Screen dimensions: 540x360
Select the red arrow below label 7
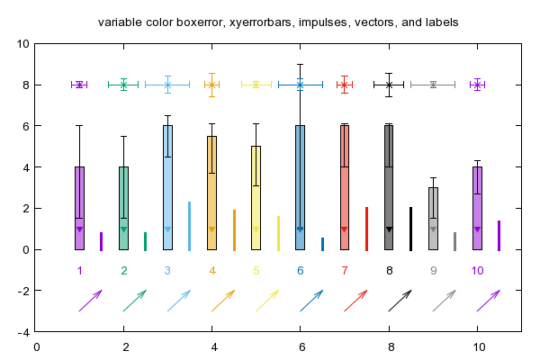pyautogui.click(x=355, y=301)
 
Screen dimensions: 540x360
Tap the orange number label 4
pyautogui.click(x=212, y=271)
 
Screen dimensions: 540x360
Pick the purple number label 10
pyautogui.click(x=477, y=271)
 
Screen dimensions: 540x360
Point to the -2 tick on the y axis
pyautogui.click(x=23, y=291)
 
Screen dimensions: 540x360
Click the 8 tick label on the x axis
pyautogui.click(x=391, y=346)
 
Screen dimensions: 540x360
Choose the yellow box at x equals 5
pyautogui.click(x=256, y=198)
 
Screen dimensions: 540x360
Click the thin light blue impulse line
pyautogui.click(x=189, y=226)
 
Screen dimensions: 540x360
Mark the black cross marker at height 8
pyautogui.click(x=389, y=85)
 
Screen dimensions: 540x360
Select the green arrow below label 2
pyautogui.click(x=135, y=301)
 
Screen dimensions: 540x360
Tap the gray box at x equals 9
pyautogui.click(x=433, y=219)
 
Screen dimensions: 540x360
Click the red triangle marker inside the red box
pyautogui.click(x=344, y=229)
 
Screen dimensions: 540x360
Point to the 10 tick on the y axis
pyautogui.click(x=23, y=44)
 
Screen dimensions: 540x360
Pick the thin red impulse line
pyautogui.click(x=367, y=229)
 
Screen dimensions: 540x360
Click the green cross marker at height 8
pyautogui.click(x=123, y=85)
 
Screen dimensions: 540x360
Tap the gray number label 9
pyautogui.click(x=433, y=271)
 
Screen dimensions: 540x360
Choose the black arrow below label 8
pyautogui.click(x=400, y=301)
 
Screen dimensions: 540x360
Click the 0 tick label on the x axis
pyautogui.click(x=37, y=346)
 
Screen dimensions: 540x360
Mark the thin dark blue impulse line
pyautogui.click(x=323, y=244)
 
